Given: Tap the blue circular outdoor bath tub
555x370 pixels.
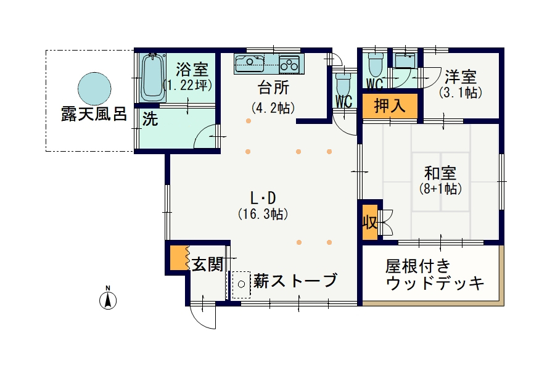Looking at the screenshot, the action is tap(94, 89).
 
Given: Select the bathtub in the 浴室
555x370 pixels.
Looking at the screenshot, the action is tap(154, 78).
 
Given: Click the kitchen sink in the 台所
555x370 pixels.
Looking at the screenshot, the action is tap(250, 64).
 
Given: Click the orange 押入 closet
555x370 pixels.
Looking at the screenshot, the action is tap(390, 106).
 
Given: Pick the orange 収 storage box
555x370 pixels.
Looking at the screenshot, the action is tap(370, 223).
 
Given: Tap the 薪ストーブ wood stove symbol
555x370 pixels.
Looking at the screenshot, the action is tap(241, 284).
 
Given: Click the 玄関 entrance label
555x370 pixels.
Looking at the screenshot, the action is tap(208, 264).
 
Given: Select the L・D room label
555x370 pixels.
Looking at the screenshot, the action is tap(263, 199).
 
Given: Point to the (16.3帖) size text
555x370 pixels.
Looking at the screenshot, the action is tap(263, 214).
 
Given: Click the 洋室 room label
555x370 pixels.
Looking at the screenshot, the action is tap(461, 77).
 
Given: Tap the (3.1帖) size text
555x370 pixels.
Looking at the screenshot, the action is tap(461, 92).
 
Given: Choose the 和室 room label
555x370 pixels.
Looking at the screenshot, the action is tap(440, 173).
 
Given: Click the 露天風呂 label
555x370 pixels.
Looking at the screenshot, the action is tap(94, 114).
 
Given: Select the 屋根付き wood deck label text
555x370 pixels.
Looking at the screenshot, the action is tap(418, 266).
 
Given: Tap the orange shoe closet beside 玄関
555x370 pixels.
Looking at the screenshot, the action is tap(179, 257).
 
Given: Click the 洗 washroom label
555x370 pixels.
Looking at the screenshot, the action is tap(150, 119).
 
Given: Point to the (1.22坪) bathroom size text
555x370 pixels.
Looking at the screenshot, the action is tap(188, 85).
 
